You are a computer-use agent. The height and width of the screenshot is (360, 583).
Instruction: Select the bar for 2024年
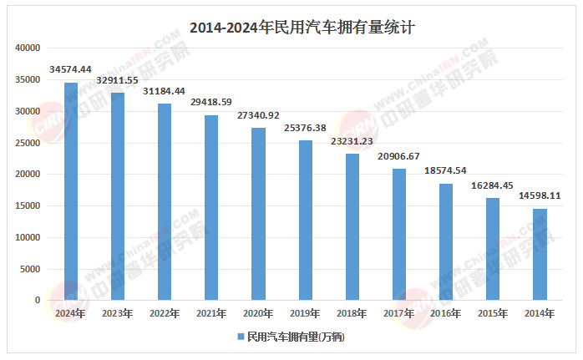pyautogui.click(x=71, y=191)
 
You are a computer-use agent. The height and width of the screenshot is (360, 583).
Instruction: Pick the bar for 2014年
pyautogui.click(x=540, y=254)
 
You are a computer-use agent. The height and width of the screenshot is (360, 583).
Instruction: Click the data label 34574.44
pyautogui.click(x=71, y=68)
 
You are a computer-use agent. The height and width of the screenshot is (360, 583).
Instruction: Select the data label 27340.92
pyautogui.click(x=259, y=114)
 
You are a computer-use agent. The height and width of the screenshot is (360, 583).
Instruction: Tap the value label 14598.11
pyautogui.click(x=540, y=195)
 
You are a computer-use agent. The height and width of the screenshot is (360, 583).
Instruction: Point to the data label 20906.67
pyautogui.click(x=399, y=155)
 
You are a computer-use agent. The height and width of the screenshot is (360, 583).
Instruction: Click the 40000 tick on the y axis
pyautogui.click(x=28, y=48)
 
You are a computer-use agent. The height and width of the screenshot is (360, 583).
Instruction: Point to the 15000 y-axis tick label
pyautogui.click(x=28, y=206)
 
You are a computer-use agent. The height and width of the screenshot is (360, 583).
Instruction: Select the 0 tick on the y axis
pyautogui.click(x=38, y=301)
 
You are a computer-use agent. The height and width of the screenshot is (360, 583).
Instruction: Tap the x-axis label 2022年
pyautogui.click(x=165, y=313)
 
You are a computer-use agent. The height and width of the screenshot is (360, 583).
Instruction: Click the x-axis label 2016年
pyautogui.click(x=446, y=313)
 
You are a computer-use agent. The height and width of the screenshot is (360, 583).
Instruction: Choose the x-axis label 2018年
pyautogui.click(x=352, y=313)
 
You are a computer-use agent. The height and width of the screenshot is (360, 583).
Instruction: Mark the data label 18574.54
pyautogui.click(x=446, y=170)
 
